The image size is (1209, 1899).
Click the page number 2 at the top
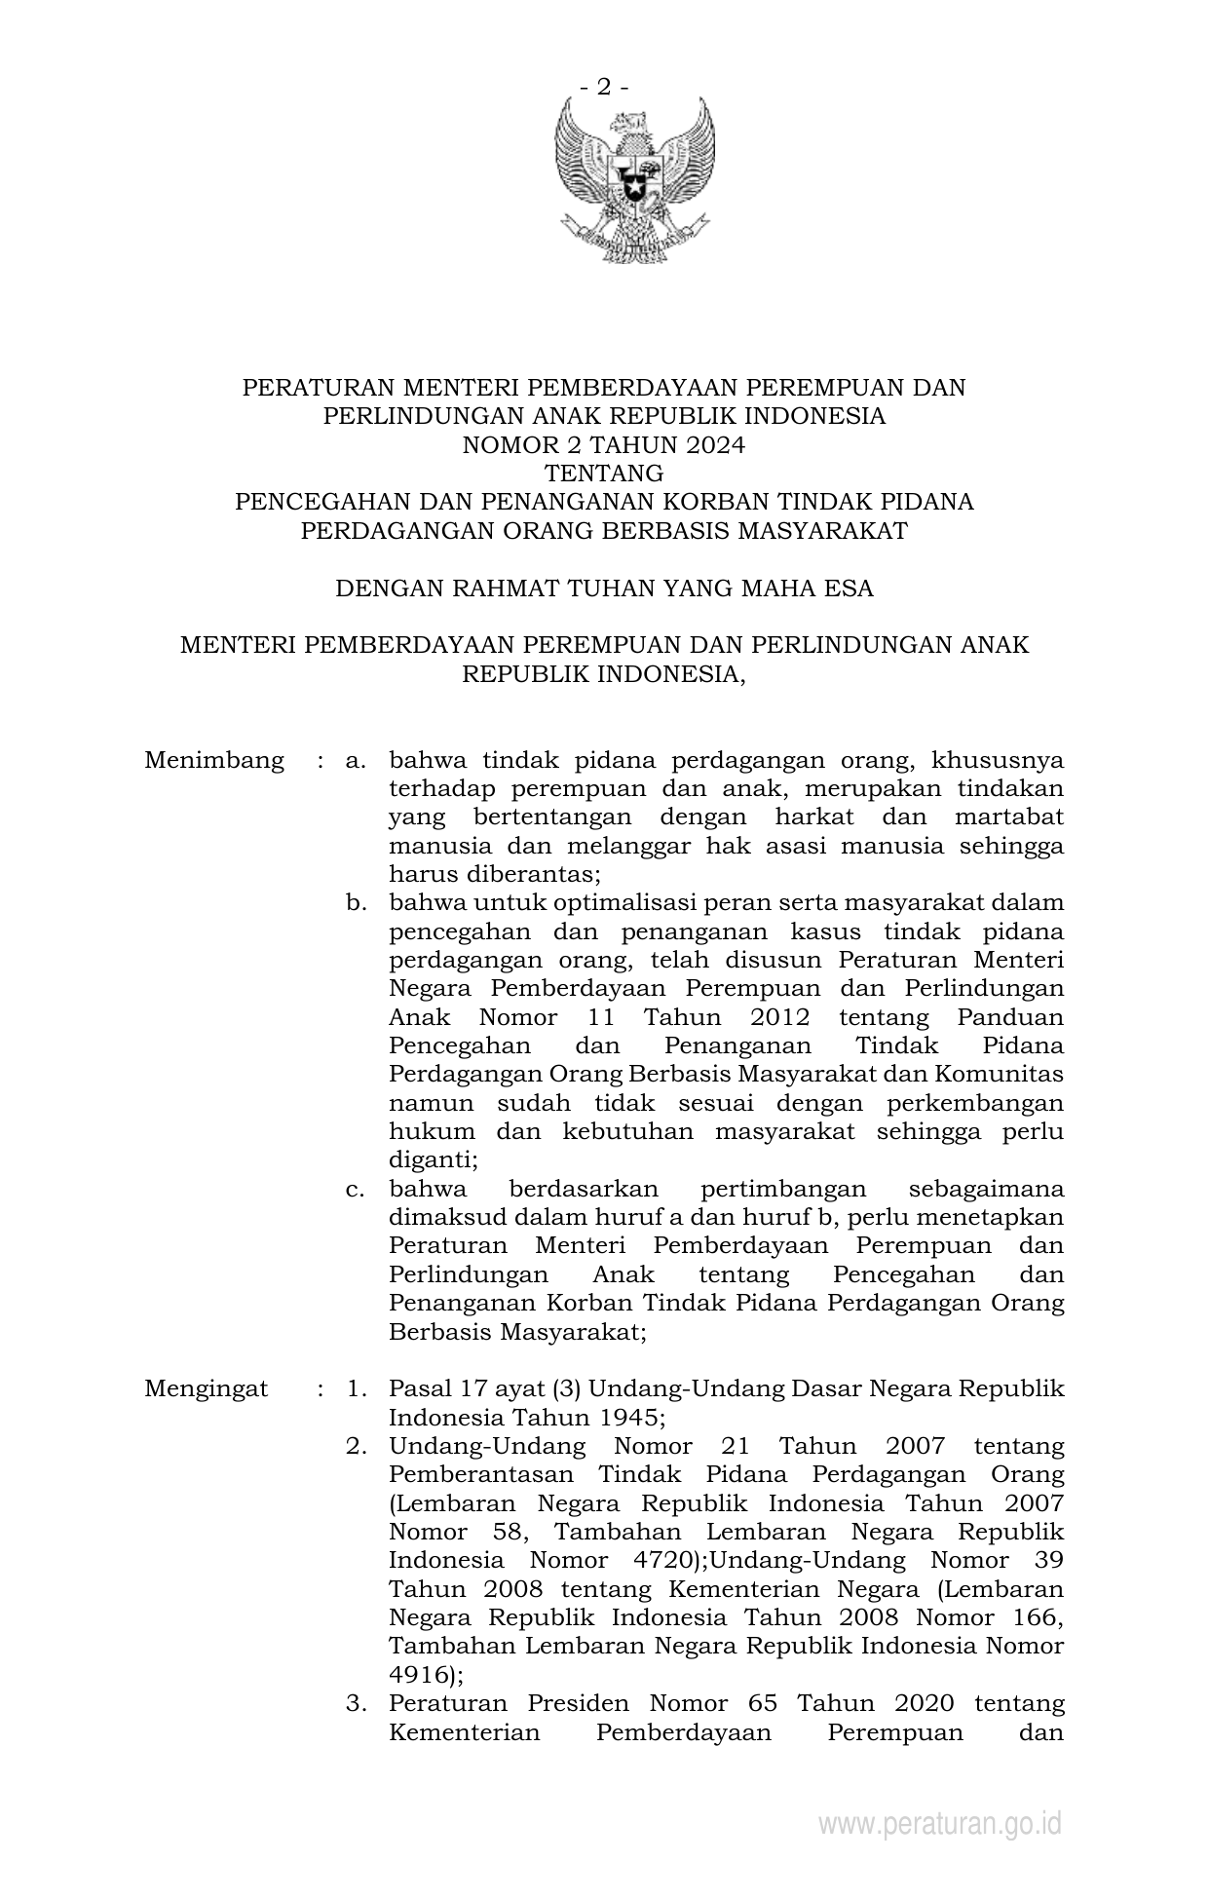pos(604,88)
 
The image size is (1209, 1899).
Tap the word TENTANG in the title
pos(604,474)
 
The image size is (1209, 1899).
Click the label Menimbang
pos(214,760)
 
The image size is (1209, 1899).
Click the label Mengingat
pos(206,1388)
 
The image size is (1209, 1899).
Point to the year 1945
pos(632,1417)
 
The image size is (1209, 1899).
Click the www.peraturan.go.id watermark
pos(939,1823)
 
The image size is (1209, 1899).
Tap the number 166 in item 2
pos(1034,1617)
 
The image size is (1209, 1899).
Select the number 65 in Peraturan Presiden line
pos(764,1703)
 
